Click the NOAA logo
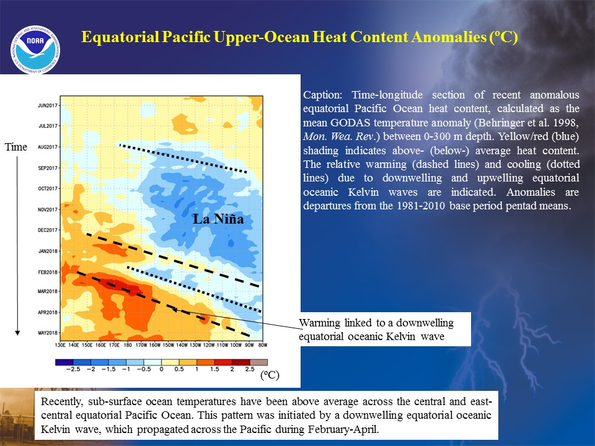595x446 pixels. (x=35, y=50)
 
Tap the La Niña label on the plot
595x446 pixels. (x=218, y=219)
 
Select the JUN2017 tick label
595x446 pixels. (x=48, y=105)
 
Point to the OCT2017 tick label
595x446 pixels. (x=48, y=188)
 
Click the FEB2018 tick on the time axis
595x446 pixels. (x=48, y=272)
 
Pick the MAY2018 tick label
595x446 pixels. (x=48, y=333)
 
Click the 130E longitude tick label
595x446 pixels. (x=60, y=345)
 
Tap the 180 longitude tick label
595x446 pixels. (x=128, y=345)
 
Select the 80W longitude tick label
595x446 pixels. (x=263, y=345)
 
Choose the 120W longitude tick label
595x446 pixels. (x=209, y=345)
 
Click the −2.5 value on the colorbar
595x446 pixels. (x=73, y=369)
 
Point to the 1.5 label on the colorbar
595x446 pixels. (x=214, y=369)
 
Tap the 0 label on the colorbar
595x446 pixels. (x=161, y=369)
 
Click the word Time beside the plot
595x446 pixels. (x=16, y=147)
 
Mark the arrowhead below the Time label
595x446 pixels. (x=17, y=333)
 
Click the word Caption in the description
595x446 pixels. (x=322, y=95)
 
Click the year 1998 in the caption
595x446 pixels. (x=566, y=123)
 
